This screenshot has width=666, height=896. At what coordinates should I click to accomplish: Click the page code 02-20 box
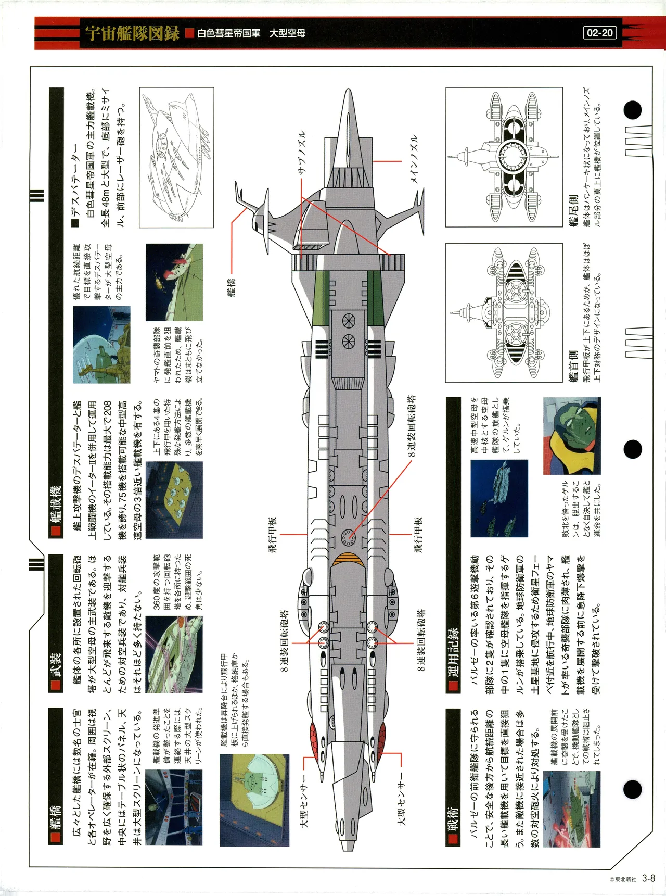click(599, 33)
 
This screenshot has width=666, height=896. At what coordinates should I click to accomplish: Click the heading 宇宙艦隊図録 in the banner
click(132, 33)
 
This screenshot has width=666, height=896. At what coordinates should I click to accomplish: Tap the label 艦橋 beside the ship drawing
click(232, 286)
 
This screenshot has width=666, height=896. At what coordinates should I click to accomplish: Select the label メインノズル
click(414, 159)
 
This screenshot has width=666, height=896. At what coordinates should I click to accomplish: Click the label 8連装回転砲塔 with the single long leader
click(411, 425)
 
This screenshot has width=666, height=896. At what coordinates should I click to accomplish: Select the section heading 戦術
click(453, 818)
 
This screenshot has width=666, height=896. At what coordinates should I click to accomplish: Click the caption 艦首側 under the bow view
click(573, 366)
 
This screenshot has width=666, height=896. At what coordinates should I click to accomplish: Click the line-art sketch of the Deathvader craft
click(176, 157)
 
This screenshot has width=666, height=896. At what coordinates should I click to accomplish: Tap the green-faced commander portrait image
click(572, 436)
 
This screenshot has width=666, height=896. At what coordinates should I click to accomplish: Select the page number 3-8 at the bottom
click(648, 878)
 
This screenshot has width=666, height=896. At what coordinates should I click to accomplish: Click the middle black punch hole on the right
click(632, 449)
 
